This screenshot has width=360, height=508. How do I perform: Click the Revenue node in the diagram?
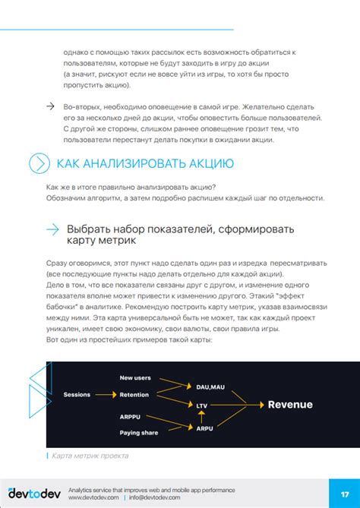pos(290,405)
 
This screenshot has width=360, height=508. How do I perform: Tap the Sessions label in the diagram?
pos(77,395)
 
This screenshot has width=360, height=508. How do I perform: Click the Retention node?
pos(134,395)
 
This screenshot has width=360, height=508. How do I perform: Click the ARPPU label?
pos(131,417)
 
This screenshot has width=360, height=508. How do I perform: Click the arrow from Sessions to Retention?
pos(105,395)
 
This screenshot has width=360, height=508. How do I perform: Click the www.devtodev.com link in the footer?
pos(92,498)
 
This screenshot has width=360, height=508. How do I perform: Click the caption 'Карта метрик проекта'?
pos(89,456)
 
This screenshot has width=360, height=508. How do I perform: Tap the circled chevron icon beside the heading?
pos(38,163)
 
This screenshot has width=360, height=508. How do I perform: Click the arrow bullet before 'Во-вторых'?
pos(50,106)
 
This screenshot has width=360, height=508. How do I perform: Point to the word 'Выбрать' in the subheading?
pos(88,229)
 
